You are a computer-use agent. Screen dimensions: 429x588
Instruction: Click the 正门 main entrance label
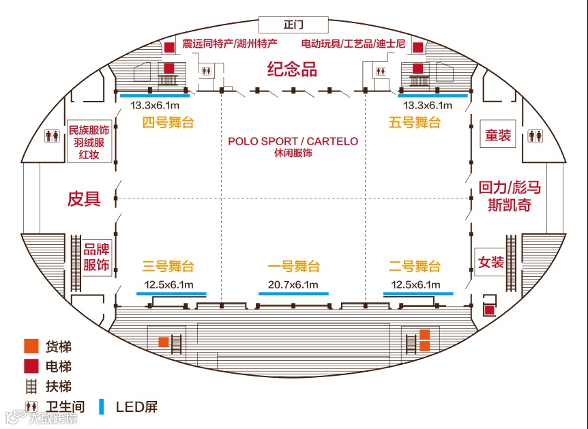pyautogui.click(x=293, y=25)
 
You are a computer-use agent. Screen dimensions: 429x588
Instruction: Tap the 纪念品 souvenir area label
pyautogui.click(x=292, y=70)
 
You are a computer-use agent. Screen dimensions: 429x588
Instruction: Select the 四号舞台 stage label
pyautogui.click(x=168, y=123)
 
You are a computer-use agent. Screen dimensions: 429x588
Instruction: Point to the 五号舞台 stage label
pyautogui.click(x=415, y=123)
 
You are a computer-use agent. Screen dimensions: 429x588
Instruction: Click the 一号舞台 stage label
pyautogui.click(x=293, y=266)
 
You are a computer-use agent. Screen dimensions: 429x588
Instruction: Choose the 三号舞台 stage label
pyautogui.click(x=168, y=266)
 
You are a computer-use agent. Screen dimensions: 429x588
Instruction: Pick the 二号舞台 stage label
pyautogui.click(x=415, y=266)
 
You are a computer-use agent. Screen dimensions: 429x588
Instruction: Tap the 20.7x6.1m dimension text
pyautogui.click(x=293, y=284)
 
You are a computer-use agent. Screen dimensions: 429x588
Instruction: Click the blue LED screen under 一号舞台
pyautogui.click(x=293, y=293)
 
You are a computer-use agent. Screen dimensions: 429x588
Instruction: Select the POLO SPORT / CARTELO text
pyautogui.click(x=293, y=141)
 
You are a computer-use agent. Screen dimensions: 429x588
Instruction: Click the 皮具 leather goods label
pyautogui.click(x=84, y=199)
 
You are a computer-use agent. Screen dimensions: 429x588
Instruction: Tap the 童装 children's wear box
pyautogui.click(x=497, y=135)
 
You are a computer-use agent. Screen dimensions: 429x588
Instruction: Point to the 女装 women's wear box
pyautogui.click(x=490, y=262)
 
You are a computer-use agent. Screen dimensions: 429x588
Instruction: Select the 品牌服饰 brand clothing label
pyautogui.click(x=96, y=258)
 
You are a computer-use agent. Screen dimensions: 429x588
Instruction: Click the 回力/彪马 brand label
pyautogui.click(x=508, y=187)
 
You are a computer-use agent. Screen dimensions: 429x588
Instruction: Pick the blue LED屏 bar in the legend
pyautogui.click(x=102, y=406)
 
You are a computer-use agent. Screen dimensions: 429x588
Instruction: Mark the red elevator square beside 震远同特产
pyautogui.click(x=168, y=48)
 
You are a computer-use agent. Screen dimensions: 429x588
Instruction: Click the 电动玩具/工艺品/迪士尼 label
pyautogui.click(x=353, y=44)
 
